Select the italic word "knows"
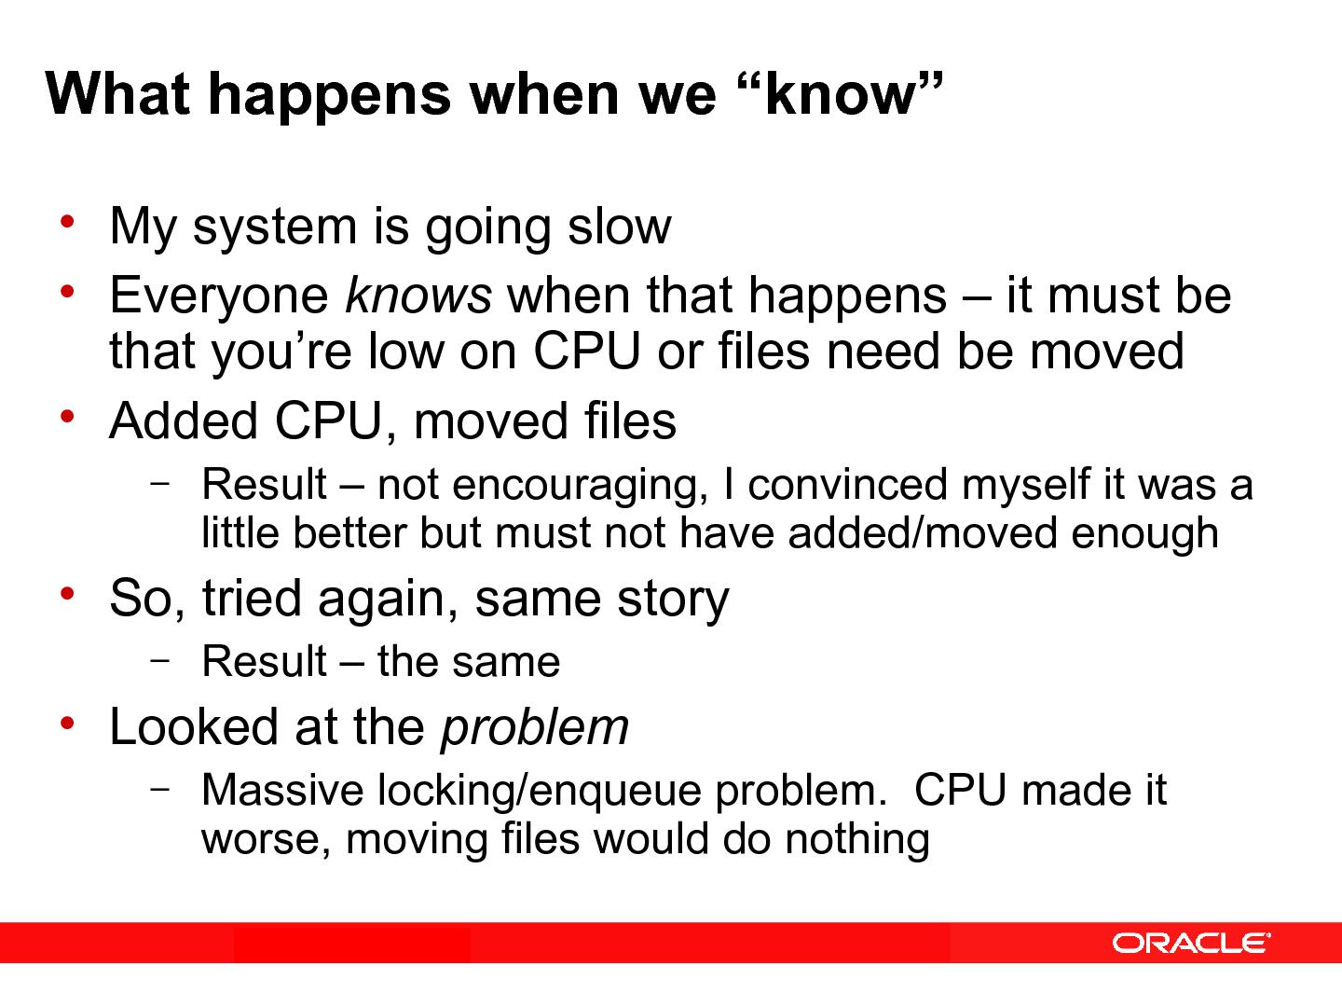click(418, 296)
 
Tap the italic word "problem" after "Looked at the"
click(534, 726)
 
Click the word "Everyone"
click(219, 296)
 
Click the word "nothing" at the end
click(856, 839)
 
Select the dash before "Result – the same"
click(159, 658)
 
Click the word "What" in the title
click(117, 94)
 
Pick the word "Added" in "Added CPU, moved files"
click(184, 421)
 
